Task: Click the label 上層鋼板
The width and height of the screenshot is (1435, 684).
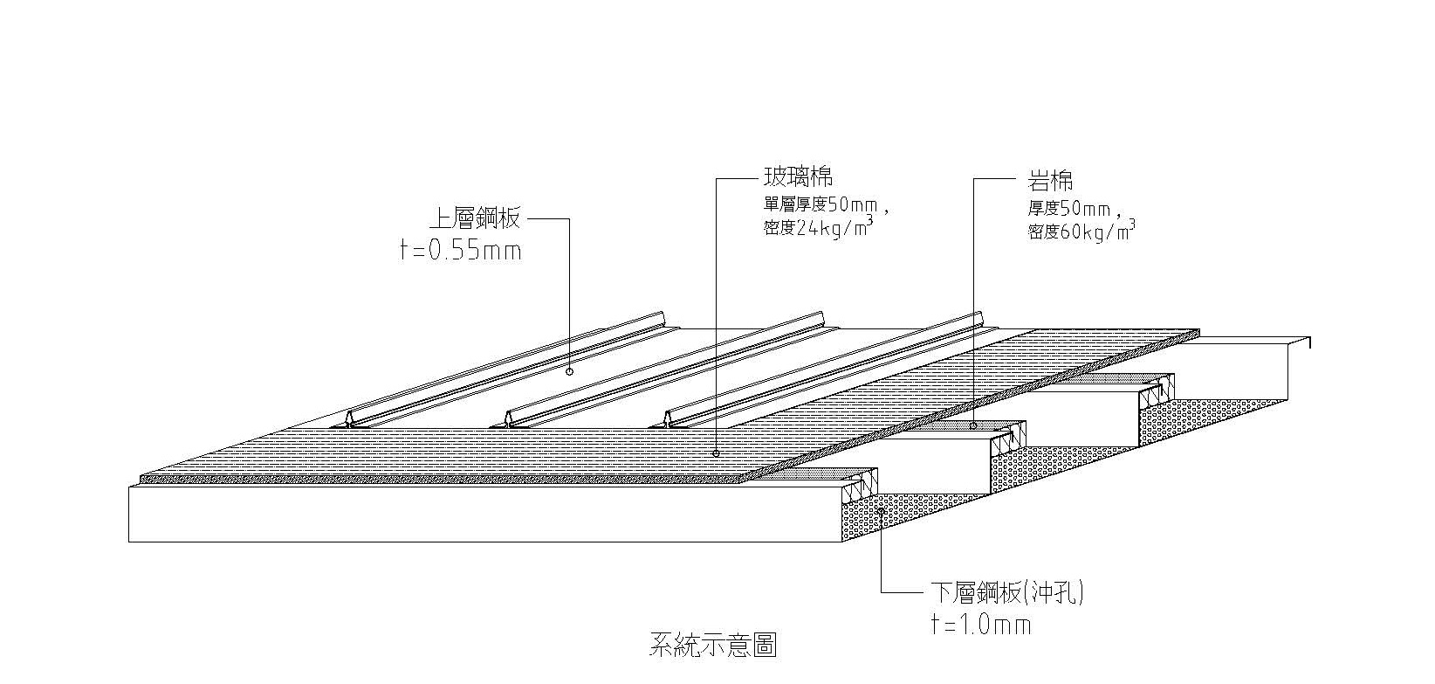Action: click(x=473, y=218)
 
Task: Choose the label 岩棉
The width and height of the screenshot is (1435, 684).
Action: click(x=1050, y=181)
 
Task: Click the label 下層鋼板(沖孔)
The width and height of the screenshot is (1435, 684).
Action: click(x=1005, y=594)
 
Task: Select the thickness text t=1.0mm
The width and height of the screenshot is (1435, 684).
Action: click(x=981, y=625)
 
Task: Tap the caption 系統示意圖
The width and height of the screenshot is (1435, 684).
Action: click(x=712, y=646)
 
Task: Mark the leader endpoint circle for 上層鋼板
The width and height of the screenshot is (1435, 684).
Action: click(x=569, y=371)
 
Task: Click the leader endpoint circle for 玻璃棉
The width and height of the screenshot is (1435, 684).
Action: click(x=716, y=453)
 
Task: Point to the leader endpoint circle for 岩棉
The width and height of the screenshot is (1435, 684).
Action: click(x=973, y=426)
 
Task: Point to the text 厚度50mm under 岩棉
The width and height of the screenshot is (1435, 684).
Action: click(x=1069, y=210)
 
